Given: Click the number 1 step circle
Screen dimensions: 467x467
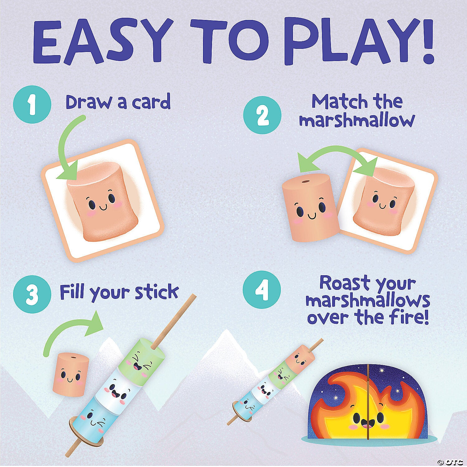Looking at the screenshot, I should pos(32,105).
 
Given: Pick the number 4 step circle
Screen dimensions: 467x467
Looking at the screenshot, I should pos(262,290).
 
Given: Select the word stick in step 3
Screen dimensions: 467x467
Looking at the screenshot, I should pos(157,292).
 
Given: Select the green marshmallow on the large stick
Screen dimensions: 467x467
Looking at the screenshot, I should pos(140,358).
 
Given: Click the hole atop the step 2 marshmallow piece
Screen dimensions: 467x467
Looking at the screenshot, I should pos(306,181).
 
